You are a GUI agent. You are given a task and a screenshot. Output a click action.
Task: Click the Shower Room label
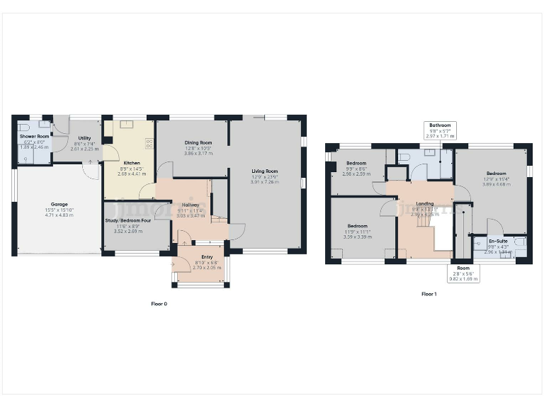pyautogui.click(x=34, y=136)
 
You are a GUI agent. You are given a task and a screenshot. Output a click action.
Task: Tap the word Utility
pyautogui.click(x=84, y=138)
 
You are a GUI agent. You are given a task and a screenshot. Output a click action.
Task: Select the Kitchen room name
pyautogui.click(x=132, y=163)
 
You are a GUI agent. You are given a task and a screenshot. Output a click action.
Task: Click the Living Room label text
pyautogui.click(x=264, y=171)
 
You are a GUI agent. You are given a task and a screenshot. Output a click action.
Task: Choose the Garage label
pyautogui.click(x=59, y=204)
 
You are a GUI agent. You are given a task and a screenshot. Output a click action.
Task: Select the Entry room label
pyautogui.click(x=207, y=256)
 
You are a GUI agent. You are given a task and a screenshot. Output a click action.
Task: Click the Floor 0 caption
pyautogui.click(x=159, y=304)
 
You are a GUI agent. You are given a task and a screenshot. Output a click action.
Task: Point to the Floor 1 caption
pyautogui.click(x=429, y=294)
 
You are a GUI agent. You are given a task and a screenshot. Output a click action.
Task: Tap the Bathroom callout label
pyautogui.click(x=440, y=125)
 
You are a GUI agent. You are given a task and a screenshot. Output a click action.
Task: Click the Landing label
pyautogui.click(x=425, y=204)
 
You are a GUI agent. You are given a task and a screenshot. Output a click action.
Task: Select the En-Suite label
pyautogui.click(x=498, y=241)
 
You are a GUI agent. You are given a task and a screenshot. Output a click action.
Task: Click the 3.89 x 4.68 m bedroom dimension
pyautogui.click(x=496, y=184)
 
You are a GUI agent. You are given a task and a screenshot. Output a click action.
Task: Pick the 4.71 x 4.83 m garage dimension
pyautogui.click(x=59, y=214)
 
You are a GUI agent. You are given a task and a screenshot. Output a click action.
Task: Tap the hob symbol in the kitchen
pyautogui.click(x=149, y=142)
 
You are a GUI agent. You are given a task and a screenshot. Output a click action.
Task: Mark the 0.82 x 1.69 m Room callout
pyautogui.click(x=463, y=279)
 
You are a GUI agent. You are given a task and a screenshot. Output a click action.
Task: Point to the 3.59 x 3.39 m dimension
pyautogui.click(x=357, y=236)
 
